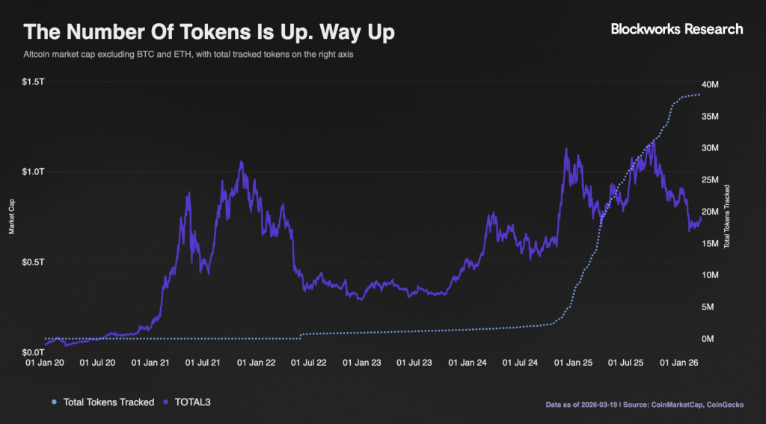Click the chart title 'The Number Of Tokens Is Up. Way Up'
point(210,32)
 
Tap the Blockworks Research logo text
point(677,29)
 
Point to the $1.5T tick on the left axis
point(34,81)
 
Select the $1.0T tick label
point(34,171)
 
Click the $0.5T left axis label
point(34,262)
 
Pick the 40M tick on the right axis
point(709,85)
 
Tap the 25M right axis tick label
point(709,180)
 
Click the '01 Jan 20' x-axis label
point(45,363)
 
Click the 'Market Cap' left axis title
point(12,217)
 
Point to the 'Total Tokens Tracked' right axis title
point(726,217)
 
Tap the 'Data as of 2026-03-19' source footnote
point(648,404)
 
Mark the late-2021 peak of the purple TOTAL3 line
point(241,162)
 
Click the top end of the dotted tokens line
point(700,95)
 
